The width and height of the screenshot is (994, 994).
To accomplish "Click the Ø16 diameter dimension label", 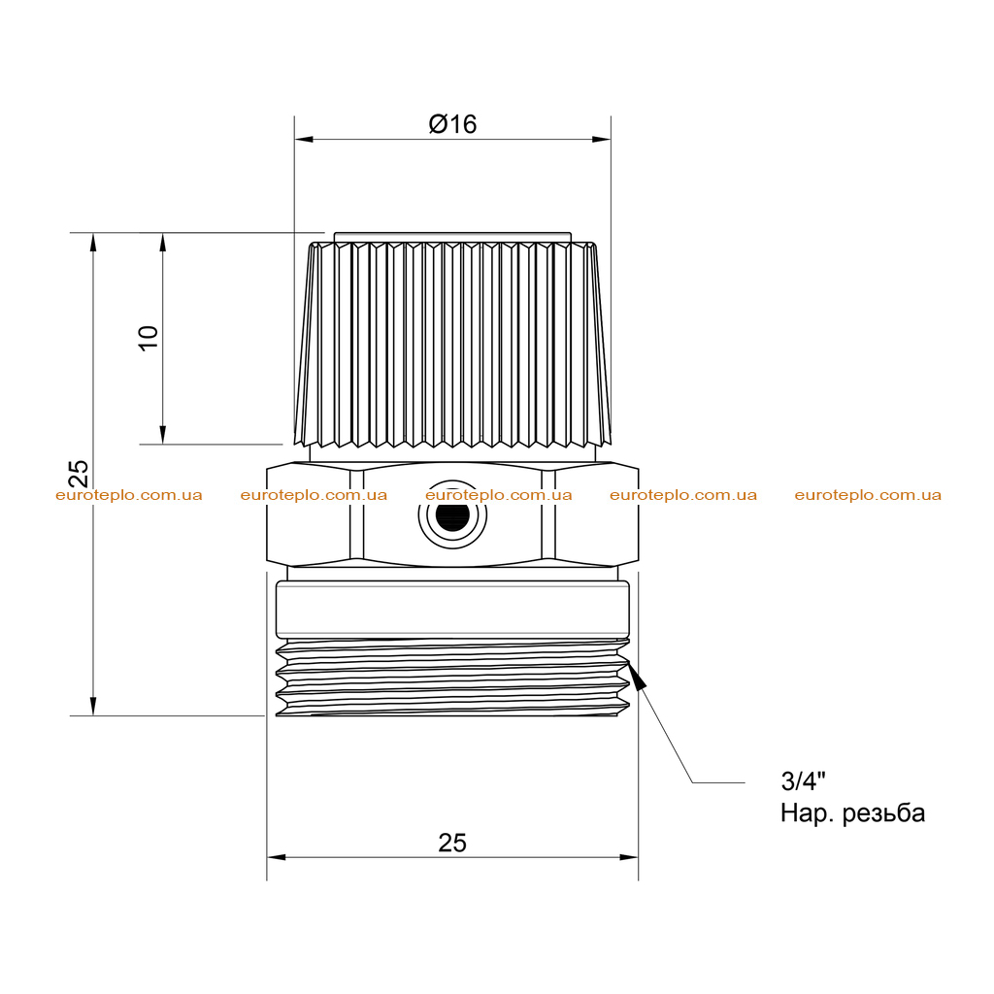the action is point(452,123).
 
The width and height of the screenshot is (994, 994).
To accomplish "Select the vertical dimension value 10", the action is point(149,338).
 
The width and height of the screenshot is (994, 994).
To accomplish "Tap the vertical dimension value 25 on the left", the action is point(79,474).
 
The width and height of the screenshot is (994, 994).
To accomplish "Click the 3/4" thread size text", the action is point(803,780).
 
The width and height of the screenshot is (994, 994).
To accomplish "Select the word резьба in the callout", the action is point(883,813).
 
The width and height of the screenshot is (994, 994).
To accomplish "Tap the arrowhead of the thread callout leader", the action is point(637,675).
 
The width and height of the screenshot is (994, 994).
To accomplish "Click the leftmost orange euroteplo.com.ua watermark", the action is point(129,495).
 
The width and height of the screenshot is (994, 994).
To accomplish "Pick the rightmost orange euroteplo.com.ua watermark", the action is point(868,495).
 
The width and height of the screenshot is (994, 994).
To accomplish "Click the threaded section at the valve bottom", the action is point(452,678).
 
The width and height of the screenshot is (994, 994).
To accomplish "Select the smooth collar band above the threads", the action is point(452,610).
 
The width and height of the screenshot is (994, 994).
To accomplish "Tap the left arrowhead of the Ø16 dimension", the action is point(304,140).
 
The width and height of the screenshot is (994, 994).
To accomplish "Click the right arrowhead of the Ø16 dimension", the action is point(602,140).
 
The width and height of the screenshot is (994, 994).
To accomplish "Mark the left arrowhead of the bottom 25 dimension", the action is point(277,857).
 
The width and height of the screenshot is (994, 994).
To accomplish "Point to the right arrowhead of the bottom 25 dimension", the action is point(628,857).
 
